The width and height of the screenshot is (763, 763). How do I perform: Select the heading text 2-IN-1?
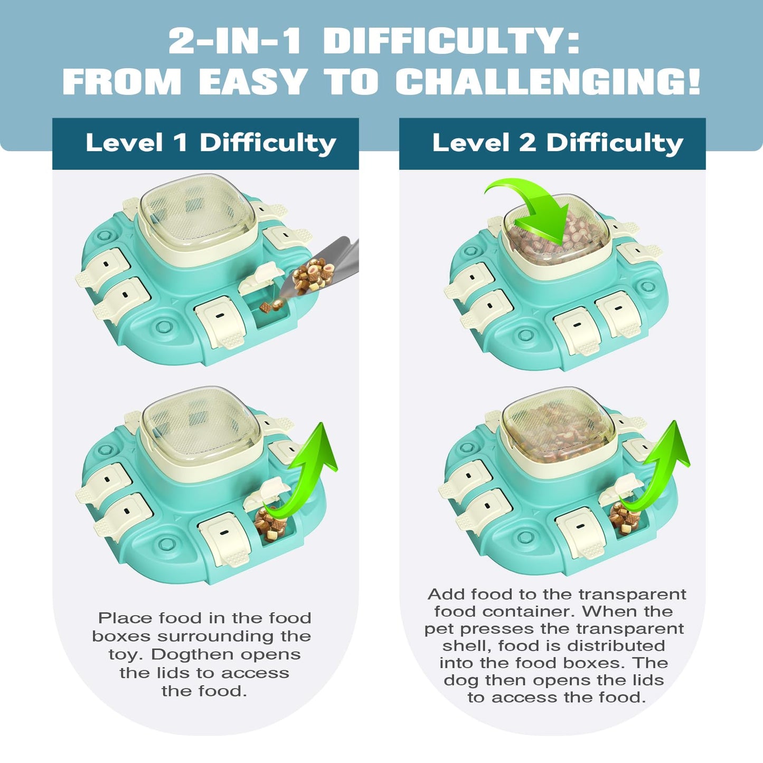point(234,41)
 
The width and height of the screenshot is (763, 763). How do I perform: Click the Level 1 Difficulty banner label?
point(211,143)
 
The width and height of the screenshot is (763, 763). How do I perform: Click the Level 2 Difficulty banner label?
point(558,143)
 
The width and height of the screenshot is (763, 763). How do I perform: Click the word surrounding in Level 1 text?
point(219,636)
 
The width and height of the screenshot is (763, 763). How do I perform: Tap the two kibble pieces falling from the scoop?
point(272,305)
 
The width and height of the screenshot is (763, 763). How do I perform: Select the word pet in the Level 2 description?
point(439,629)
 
